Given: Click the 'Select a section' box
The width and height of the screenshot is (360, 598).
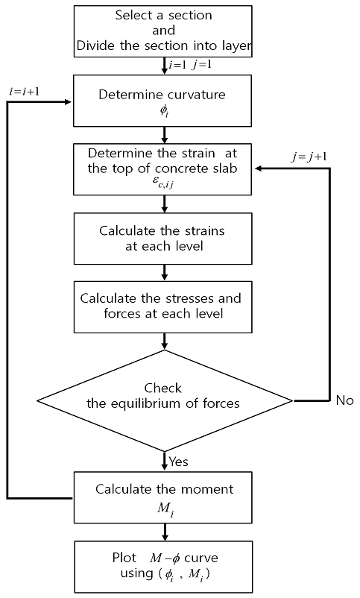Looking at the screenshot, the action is (162, 31).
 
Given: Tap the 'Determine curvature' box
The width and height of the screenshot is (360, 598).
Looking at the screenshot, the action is (162, 101).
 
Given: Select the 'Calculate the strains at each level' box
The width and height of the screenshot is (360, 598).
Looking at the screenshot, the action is (162, 239).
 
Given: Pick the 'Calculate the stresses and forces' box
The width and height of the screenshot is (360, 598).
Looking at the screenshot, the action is (162, 307).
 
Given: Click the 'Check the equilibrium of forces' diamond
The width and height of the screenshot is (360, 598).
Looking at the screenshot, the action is (165, 401).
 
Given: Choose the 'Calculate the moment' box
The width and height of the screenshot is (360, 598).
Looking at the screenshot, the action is (162, 497).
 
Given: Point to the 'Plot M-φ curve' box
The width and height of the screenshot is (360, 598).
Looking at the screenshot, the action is (162, 567).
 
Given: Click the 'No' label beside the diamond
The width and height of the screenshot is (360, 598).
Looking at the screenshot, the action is (345, 400).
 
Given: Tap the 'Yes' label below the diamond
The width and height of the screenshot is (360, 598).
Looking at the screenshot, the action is (178, 462).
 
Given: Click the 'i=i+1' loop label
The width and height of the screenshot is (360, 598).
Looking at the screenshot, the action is (24, 92).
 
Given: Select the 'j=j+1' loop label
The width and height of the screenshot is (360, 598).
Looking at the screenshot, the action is (309, 157).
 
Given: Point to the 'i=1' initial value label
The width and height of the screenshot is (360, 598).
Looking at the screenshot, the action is (177, 65).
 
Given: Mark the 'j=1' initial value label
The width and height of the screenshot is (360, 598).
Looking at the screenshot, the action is (202, 65).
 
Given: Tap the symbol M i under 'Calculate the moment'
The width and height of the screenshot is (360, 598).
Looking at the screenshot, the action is (166, 509).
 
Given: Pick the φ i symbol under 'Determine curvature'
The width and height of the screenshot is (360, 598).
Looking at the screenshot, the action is (164, 111).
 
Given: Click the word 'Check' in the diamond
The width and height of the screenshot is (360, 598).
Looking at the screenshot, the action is (162, 388).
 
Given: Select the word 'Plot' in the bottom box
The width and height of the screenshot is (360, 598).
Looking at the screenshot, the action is (124, 558).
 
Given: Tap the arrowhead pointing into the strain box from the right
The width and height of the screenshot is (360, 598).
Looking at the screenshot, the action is (258, 169).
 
